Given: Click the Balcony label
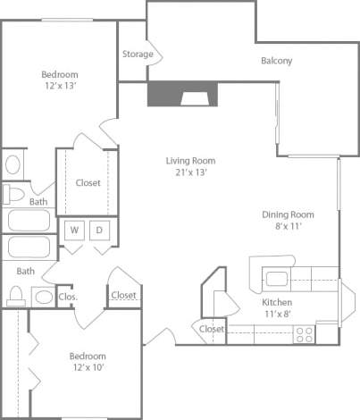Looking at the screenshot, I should [x=277, y=61].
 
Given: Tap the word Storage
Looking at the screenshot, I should [x=138, y=55].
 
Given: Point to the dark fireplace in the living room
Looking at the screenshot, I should [x=183, y=94].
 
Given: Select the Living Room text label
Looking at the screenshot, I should [x=190, y=161].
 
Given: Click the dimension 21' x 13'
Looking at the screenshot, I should [x=190, y=172].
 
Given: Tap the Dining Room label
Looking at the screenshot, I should [x=288, y=214].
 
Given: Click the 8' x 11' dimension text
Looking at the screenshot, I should [x=288, y=227].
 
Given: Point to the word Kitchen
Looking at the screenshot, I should [x=277, y=302].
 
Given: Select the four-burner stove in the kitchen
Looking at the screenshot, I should [x=304, y=334].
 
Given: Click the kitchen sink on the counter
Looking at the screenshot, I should [x=275, y=276].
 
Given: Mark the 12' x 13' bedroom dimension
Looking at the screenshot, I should [x=60, y=86].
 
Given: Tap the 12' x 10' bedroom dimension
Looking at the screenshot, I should [x=88, y=368].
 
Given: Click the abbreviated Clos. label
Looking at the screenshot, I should [x=67, y=296].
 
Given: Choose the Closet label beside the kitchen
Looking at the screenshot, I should [x=212, y=329].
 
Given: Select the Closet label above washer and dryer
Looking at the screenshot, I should [x=88, y=183].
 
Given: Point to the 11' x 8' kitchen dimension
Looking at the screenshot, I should [x=277, y=314].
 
